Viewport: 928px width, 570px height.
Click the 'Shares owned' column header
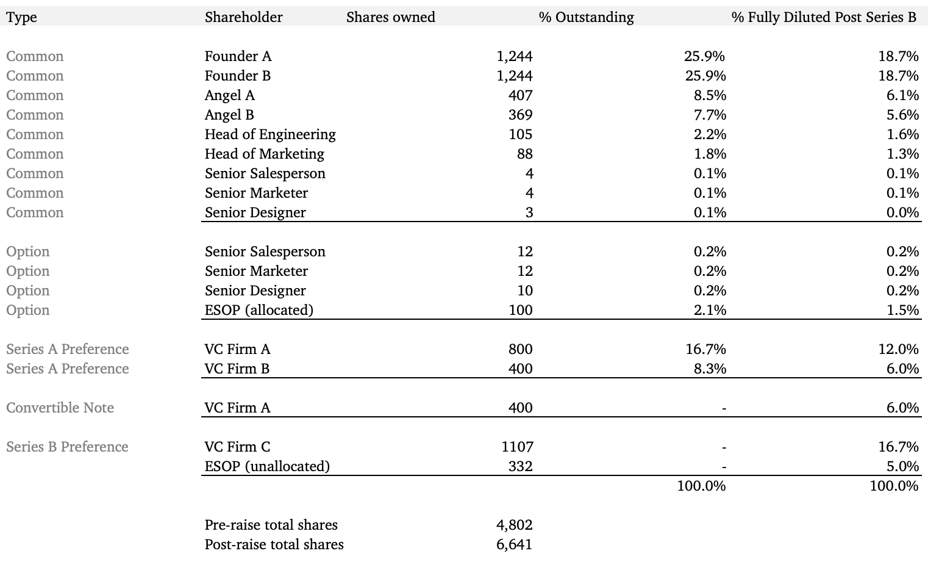pos(390,17)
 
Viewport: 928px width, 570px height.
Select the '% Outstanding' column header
pos(586,17)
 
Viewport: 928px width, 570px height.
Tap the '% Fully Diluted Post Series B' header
pos(824,17)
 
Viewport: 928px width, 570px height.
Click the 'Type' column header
pos(21,17)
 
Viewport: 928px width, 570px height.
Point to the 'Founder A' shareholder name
pos(238,56)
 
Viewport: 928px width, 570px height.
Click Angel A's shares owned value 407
pos(520,95)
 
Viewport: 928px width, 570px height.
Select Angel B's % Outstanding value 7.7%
pos(710,115)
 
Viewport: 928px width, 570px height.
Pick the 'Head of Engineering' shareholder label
pos(270,134)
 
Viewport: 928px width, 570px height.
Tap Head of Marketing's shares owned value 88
pos(524,154)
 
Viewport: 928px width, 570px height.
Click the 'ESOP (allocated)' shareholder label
pos(259,310)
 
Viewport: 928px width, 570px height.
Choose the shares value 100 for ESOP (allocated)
pos(520,310)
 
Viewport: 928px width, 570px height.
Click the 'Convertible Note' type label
pos(60,408)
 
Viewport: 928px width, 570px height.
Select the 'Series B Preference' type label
pos(67,447)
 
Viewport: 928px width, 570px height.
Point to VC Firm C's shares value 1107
pos(517,447)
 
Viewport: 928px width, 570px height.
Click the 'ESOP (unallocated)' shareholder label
pos(267,466)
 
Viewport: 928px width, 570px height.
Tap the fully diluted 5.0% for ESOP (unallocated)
pos(902,466)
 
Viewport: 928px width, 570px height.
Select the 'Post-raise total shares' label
pos(274,544)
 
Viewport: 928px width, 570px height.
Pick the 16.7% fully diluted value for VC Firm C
pos(898,447)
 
